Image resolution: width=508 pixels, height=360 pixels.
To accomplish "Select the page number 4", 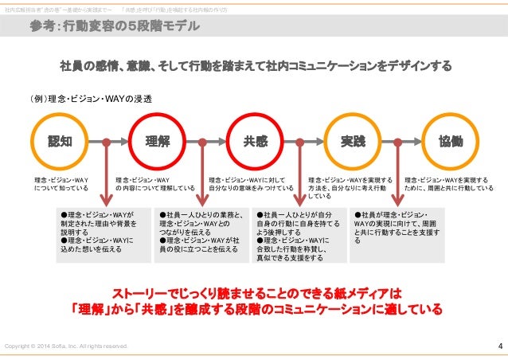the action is (499, 346).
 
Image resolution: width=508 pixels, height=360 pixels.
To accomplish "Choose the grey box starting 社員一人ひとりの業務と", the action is (200, 232).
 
